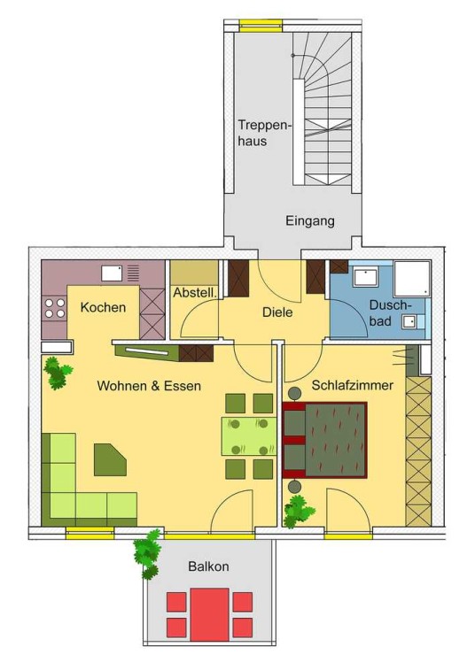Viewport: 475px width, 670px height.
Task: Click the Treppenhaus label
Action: click(264, 133)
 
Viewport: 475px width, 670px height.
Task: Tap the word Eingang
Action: click(310, 221)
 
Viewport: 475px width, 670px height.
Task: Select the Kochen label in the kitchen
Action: click(103, 307)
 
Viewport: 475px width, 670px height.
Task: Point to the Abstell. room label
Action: click(195, 293)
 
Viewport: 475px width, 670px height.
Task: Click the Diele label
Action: click(277, 312)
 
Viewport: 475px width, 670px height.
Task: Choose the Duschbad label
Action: click(390, 312)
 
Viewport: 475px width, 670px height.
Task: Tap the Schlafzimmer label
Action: click(352, 385)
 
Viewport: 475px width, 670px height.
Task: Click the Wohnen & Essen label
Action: click(149, 386)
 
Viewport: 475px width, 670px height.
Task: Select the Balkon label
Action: click(209, 566)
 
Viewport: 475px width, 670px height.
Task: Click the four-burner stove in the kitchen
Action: click(55, 309)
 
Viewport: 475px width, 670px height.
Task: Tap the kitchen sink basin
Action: click(112, 273)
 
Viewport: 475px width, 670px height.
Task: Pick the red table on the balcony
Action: click(210, 614)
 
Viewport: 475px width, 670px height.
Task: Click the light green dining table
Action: click(249, 436)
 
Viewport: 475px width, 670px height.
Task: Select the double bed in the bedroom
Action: click(325, 440)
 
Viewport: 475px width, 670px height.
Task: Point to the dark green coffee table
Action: click(110, 459)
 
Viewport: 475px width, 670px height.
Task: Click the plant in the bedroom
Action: click(298, 512)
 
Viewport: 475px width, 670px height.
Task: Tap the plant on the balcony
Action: click(147, 554)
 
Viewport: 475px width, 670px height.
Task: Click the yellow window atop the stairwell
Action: click(261, 26)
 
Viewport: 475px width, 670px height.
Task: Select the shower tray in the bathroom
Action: click(412, 278)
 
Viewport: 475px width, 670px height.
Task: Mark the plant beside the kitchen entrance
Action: click(57, 373)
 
